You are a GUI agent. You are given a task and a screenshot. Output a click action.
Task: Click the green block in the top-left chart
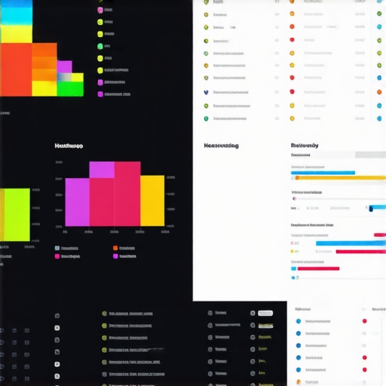coord(70,88)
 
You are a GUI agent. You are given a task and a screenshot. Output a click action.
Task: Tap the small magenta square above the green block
coord(64,66)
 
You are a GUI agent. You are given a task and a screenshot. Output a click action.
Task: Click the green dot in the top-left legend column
coord(100,46)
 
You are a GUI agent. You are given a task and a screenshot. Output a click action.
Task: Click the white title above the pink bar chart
coord(69,146)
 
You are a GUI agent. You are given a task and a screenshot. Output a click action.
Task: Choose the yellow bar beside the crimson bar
coord(152,201)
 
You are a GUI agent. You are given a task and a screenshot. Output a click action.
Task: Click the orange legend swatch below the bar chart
coord(115,248)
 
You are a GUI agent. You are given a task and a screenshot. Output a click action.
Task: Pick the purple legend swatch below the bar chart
coord(115,256)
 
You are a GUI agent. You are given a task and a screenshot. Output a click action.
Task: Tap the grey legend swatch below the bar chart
coord(57,248)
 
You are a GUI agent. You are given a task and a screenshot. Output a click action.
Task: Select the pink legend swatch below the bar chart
coord(57,256)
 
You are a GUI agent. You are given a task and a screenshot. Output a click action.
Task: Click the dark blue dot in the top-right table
coord(206,92)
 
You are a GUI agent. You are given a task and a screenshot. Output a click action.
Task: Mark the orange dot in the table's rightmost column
coord(378,92)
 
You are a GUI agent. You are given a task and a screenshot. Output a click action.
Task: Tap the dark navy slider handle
coord(370,208)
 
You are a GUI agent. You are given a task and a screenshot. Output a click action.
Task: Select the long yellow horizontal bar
coord(339,179)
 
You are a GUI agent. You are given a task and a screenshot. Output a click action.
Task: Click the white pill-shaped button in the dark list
coord(265,313)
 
